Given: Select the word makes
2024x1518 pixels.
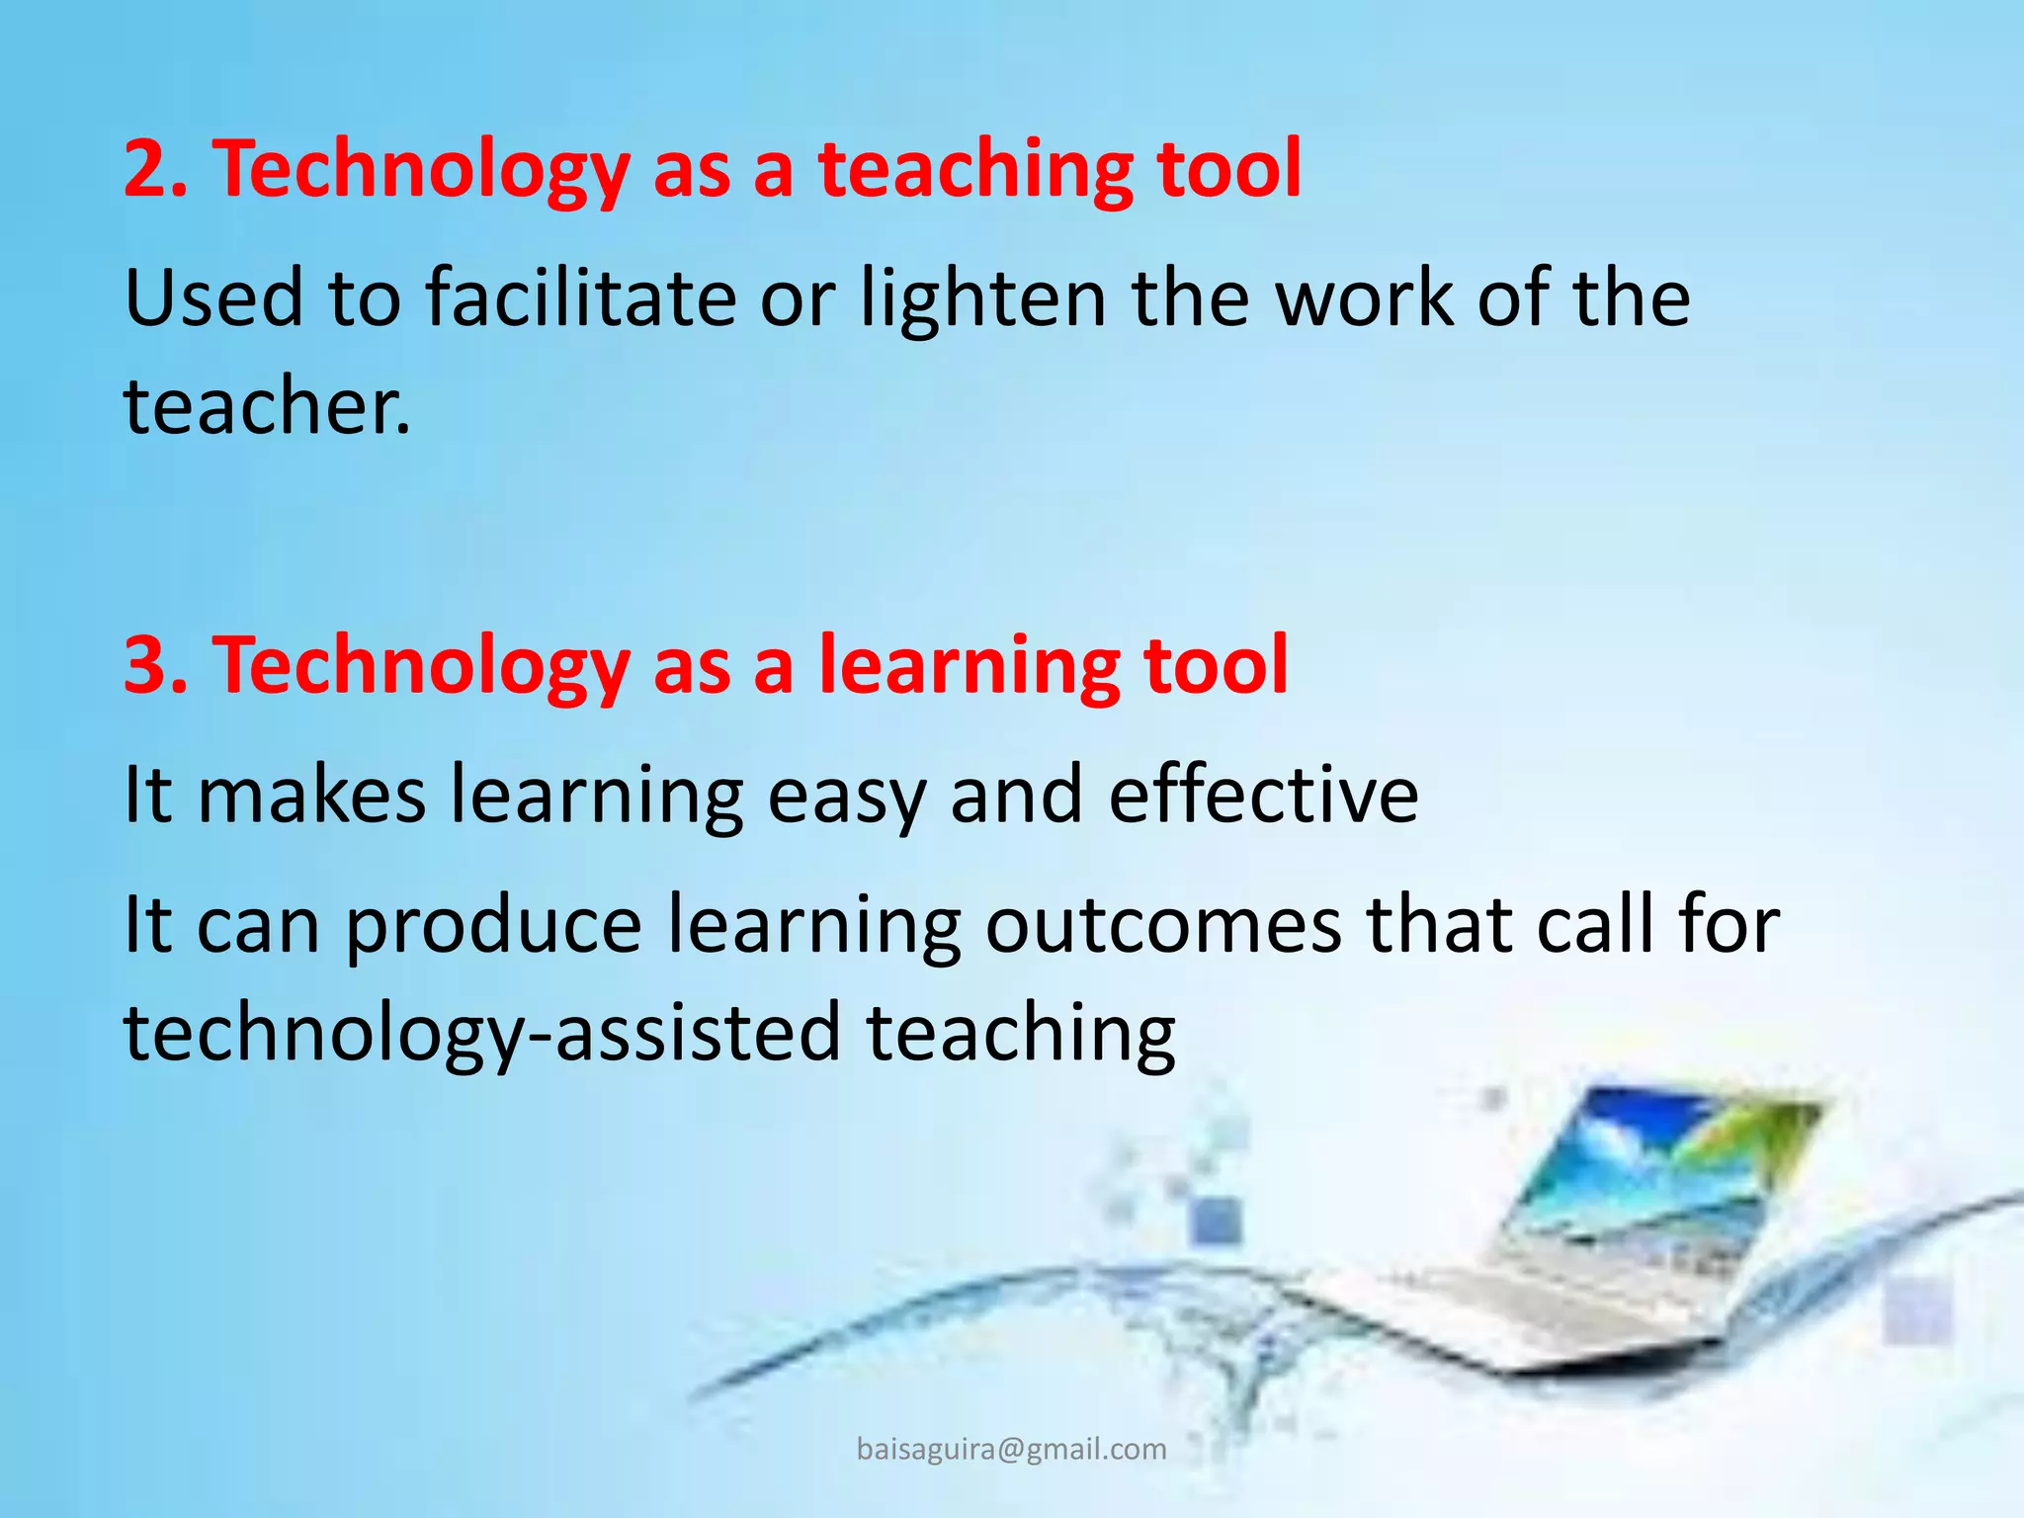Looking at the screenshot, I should click(311, 795).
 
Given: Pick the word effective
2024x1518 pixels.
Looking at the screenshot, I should click(1263, 795).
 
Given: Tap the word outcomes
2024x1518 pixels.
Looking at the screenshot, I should click(1163, 925).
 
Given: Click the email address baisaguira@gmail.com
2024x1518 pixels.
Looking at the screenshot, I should click(1011, 1449).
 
